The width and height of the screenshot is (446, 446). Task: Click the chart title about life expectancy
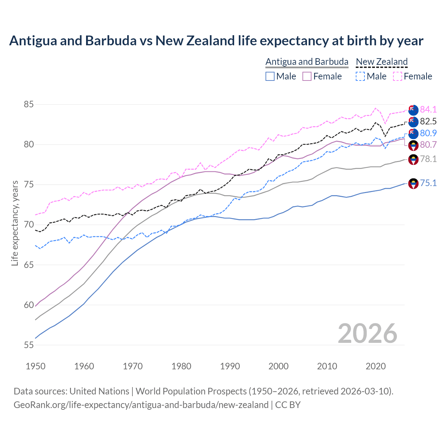tap(216, 41)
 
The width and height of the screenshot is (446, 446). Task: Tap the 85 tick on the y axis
tap(29, 105)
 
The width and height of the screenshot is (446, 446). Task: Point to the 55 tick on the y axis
tap(29, 345)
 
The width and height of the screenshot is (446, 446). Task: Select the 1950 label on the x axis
tap(36, 366)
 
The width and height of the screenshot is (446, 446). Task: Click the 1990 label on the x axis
tap(230, 366)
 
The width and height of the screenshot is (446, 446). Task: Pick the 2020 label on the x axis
tap(376, 366)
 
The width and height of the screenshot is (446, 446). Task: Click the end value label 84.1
tap(428, 109)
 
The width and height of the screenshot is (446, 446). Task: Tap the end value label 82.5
tap(428, 121)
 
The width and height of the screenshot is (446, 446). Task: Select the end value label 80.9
tap(428, 133)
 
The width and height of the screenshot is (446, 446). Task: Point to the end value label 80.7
tap(428, 145)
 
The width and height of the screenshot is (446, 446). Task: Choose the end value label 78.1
tap(428, 159)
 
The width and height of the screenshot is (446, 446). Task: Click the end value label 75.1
tap(428, 183)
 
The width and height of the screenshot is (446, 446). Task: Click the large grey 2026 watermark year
tap(368, 333)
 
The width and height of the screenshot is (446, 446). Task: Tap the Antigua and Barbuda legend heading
tap(307, 62)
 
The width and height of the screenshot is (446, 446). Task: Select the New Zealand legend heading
tap(382, 62)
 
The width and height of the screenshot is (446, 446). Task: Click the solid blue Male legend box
tap(270, 76)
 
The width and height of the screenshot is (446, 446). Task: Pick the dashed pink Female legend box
tap(398, 76)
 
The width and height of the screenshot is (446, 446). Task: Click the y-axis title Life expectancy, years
tap(15, 223)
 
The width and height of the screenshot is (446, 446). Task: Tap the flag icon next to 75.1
tap(413, 183)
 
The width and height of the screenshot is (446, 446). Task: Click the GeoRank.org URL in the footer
tap(141, 405)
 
